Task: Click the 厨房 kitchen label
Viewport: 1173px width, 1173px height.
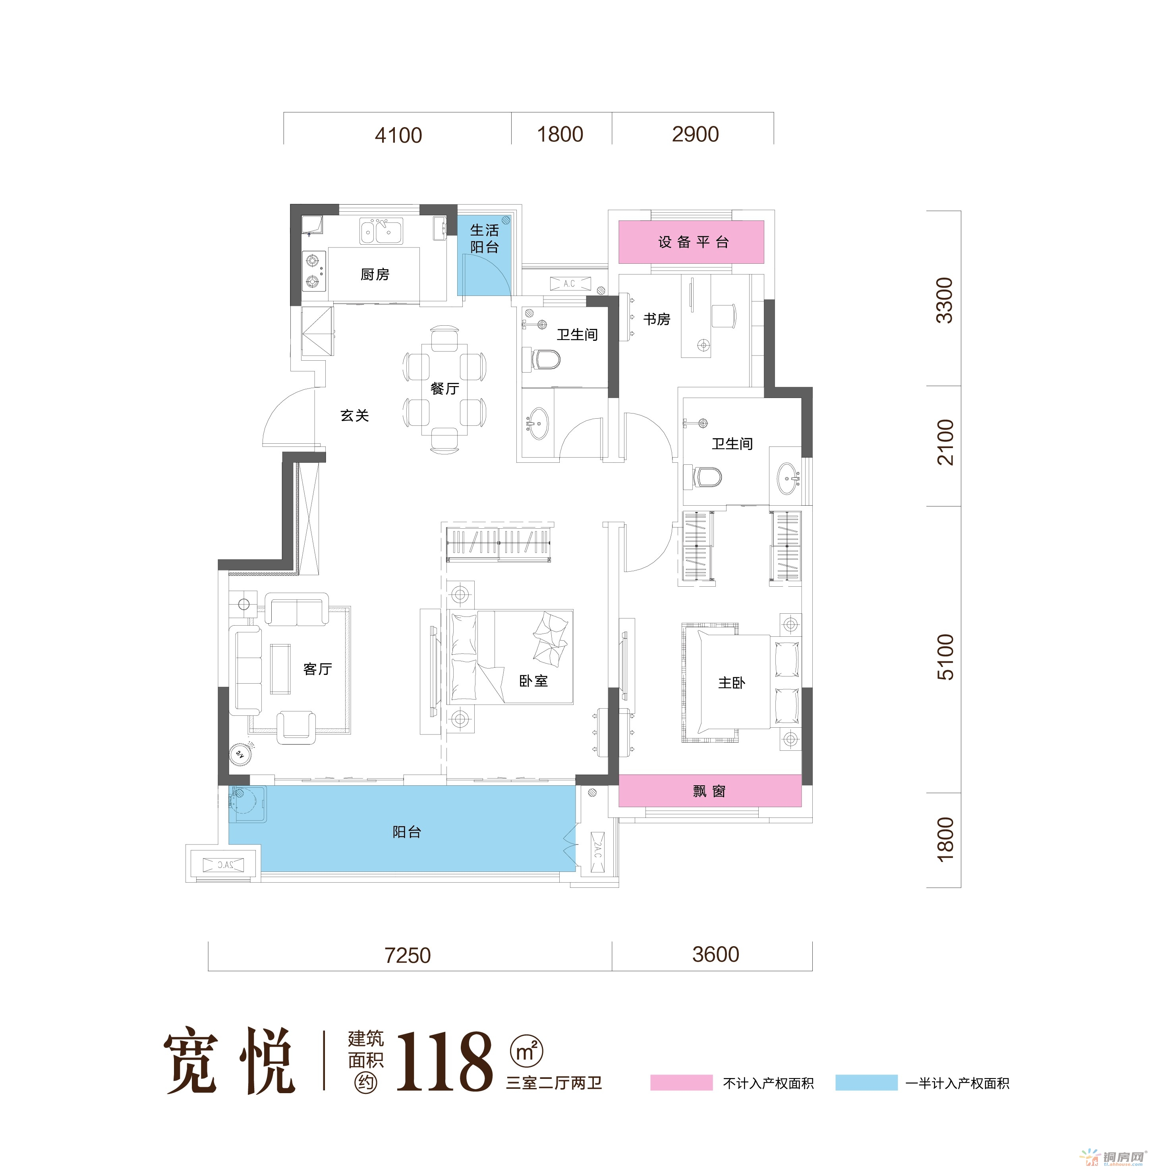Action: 375,274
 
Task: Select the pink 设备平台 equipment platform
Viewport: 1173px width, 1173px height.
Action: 691,242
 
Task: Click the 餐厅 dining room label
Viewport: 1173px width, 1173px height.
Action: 444,388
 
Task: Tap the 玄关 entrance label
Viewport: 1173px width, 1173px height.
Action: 355,415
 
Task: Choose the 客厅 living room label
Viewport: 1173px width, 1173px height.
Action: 317,669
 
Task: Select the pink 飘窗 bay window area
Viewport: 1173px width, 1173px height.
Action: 710,790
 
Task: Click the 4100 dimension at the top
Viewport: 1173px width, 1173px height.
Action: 398,135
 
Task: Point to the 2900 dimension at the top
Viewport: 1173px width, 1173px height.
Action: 695,134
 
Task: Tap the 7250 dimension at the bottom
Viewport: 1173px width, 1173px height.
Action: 408,955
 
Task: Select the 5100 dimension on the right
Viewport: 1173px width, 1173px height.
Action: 945,657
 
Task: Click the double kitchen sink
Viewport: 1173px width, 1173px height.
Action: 381,231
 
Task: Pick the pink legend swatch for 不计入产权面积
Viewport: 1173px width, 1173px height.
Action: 681,1082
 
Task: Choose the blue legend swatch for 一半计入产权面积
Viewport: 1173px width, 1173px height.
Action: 866,1082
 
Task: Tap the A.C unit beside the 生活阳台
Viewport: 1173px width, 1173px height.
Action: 570,284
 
